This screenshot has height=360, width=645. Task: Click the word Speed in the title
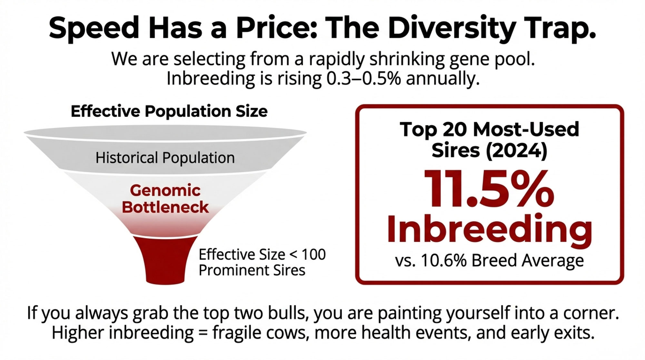point(94,28)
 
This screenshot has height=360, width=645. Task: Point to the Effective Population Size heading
point(169,112)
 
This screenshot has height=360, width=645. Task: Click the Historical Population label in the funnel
point(165,158)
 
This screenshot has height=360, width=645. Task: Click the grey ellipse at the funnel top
point(165,132)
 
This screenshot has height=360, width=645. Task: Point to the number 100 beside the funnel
point(313,255)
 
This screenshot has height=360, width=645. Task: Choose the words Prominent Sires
point(252,270)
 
